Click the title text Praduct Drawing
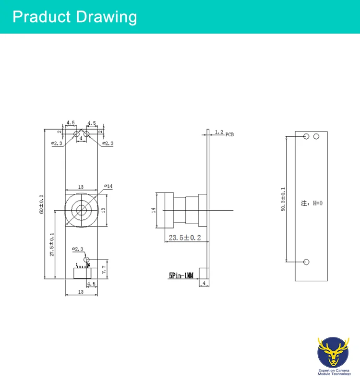(x=74, y=17)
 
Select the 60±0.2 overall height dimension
(x=42, y=204)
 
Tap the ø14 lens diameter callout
(x=108, y=186)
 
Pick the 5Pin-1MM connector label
(x=181, y=276)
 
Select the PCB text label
(x=230, y=135)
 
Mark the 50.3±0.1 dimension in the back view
(x=283, y=199)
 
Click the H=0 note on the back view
(x=312, y=204)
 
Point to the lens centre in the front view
(x=81, y=210)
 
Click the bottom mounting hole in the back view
(x=307, y=262)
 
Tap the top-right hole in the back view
(x=316, y=137)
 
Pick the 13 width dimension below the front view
(x=81, y=291)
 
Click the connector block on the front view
(x=82, y=273)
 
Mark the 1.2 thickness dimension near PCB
(x=219, y=132)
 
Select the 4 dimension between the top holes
(x=81, y=138)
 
